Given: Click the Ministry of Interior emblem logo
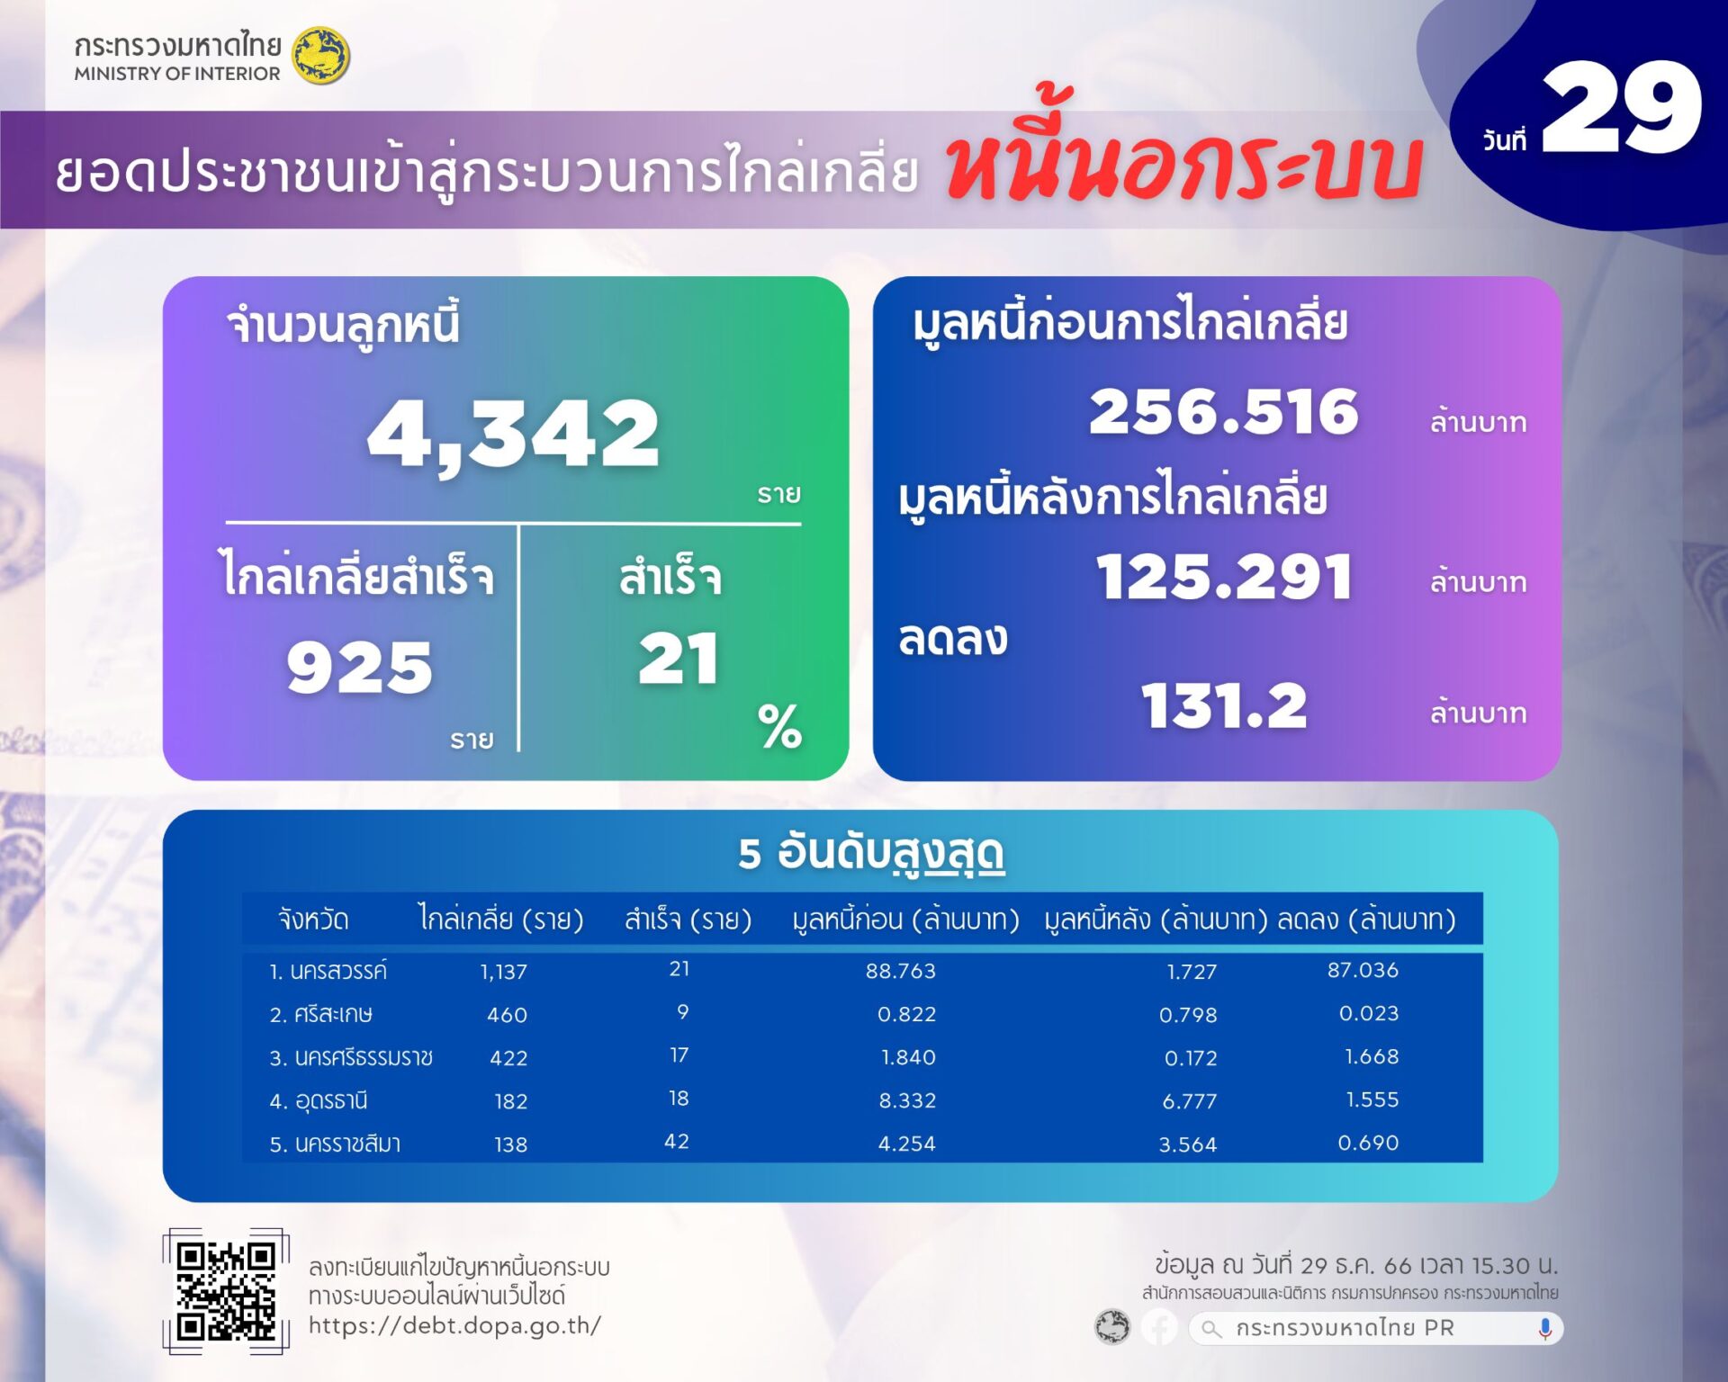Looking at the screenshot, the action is (321, 56).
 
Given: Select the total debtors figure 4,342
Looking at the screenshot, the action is (514, 435).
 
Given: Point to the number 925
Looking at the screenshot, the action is (360, 668).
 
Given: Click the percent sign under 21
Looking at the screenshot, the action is (779, 726).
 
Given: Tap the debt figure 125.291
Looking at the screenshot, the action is (1224, 577).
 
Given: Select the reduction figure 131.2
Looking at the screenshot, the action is (1224, 706).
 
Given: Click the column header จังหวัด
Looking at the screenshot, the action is (313, 920).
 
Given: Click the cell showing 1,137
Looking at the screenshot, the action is (504, 972).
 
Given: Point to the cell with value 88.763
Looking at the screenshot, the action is (901, 971).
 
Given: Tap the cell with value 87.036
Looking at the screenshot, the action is (1363, 970).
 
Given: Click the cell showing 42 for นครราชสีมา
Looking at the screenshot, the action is (677, 1142).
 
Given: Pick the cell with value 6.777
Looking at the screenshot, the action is (1190, 1101).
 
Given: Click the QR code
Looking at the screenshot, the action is (226, 1291).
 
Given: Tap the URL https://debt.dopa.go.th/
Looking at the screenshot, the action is (454, 1325).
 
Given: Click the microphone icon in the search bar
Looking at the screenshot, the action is (1545, 1329).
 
